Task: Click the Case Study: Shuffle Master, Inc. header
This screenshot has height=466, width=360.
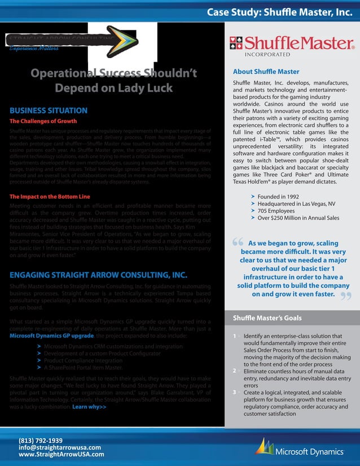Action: coord(279,11)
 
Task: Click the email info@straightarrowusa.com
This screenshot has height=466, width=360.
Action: coord(60,447)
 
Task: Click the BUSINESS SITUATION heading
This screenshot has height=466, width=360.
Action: coord(49,111)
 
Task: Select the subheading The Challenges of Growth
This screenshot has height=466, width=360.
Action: coord(43,121)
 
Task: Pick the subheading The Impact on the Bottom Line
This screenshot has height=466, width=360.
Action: coord(50,197)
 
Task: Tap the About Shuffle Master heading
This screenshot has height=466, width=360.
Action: coord(266,72)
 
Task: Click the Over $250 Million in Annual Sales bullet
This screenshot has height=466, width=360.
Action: coord(298,218)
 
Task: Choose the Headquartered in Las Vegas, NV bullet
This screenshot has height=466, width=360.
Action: coord(296,204)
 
